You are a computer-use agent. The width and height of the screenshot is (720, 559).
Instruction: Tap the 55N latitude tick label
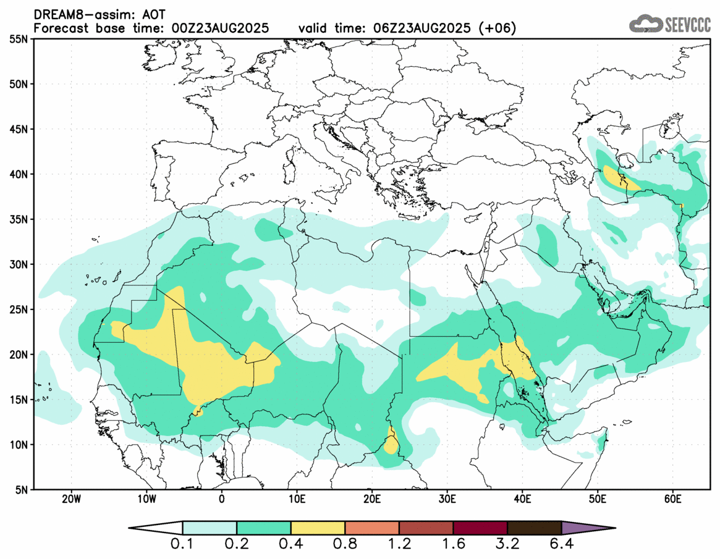pos(22,39)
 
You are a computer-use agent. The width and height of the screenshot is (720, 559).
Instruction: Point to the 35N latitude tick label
pos(22,219)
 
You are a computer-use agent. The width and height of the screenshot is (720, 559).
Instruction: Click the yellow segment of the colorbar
pos(318,528)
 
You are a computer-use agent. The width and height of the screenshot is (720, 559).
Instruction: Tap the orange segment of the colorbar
pos(372,528)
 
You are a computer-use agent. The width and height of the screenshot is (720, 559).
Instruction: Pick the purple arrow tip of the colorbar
pos(587,528)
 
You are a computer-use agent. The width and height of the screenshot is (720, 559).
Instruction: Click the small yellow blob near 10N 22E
pos(391,443)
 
